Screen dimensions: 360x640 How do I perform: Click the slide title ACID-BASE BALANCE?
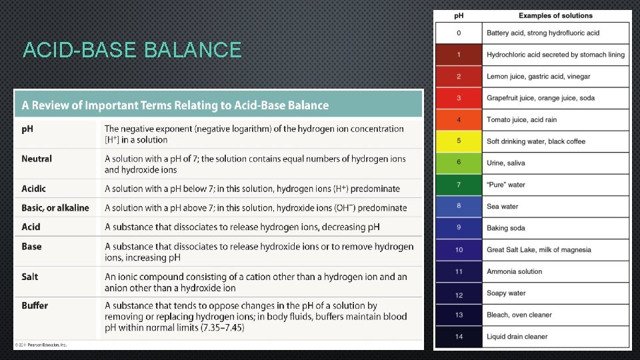(131, 50)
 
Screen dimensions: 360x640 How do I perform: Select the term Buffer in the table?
(35, 306)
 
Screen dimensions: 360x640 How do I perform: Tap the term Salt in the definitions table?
(30, 277)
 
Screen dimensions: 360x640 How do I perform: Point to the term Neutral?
(37, 159)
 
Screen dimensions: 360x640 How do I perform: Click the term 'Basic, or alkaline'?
(55, 208)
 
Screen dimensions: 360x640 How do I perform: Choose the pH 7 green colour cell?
(459, 185)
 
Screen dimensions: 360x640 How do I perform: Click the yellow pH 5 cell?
(459, 141)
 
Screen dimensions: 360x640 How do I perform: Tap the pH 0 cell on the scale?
(459, 33)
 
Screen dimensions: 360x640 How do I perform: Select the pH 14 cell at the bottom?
(459, 337)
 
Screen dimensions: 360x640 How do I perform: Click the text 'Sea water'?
(503, 207)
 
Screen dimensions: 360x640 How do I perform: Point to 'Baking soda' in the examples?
(506, 228)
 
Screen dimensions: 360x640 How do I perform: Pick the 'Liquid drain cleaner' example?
(517, 337)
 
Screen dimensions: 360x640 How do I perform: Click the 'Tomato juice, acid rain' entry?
(522, 120)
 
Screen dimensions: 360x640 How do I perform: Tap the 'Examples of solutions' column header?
(555, 15)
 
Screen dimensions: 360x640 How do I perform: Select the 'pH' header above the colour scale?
(459, 15)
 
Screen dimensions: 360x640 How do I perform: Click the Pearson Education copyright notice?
(41, 345)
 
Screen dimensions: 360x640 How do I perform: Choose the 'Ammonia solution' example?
(515, 271)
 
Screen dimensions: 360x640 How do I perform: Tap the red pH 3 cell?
(459, 98)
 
